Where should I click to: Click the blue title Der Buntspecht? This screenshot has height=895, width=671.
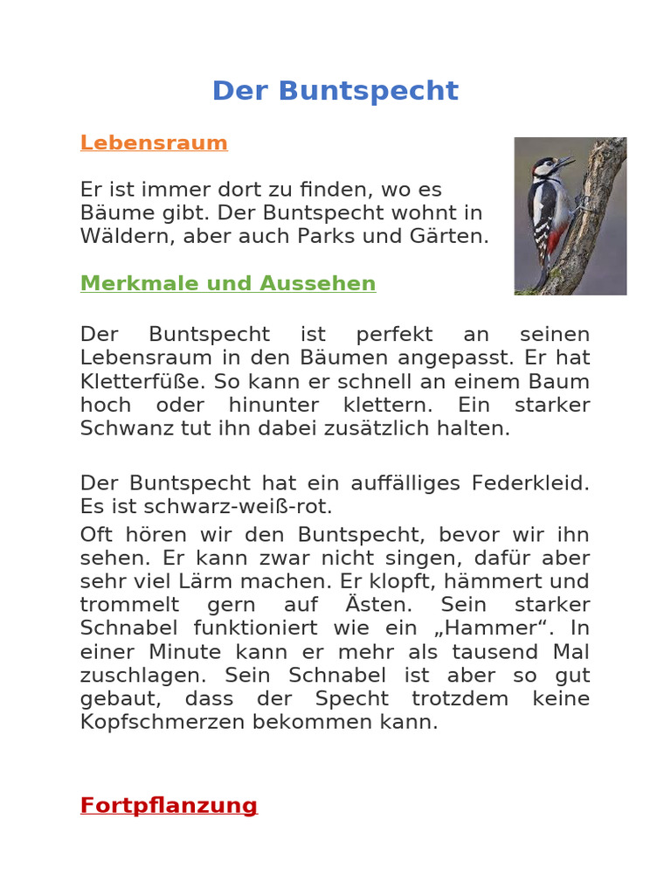tap(335, 91)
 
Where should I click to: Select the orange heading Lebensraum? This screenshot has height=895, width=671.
tap(154, 142)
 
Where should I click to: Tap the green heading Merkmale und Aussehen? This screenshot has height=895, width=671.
tap(228, 283)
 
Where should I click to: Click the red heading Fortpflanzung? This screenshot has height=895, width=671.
tap(169, 805)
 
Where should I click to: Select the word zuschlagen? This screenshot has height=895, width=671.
tap(142, 676)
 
